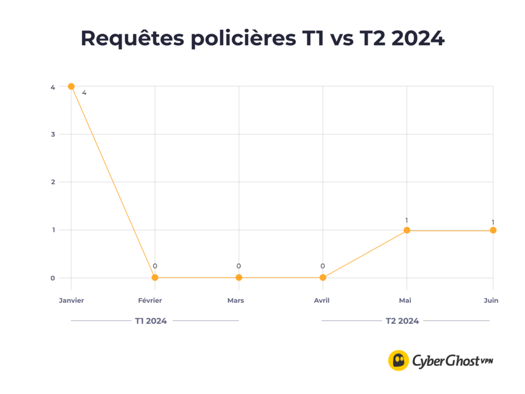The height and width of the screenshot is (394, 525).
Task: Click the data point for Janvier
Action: tap(71, 86)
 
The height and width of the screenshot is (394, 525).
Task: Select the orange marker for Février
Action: tap(155, 278)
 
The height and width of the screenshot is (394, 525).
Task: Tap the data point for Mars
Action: tap(239, 278)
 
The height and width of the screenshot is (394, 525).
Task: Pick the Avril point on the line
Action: tap(322, 278)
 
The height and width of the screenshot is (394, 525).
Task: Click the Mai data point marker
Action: tap(407, 230)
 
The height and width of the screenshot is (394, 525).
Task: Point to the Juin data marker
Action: tap(493, 230)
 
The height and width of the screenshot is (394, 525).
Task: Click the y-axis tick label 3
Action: tap(53, 134)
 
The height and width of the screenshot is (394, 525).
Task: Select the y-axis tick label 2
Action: tap(53, 182)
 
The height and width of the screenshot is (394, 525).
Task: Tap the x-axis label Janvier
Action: tap(71, 301)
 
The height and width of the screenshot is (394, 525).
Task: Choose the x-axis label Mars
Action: tap(236, 301)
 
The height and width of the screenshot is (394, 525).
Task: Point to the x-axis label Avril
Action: tap(321, 301)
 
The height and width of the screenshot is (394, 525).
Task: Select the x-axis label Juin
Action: tap(490, 301)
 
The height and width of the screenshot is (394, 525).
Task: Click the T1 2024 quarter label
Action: tap(151, 321)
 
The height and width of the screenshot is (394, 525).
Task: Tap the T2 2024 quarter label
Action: tap(402, 321)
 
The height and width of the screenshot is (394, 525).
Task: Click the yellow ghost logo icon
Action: tap(398, 360)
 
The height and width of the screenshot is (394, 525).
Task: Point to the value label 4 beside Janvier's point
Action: tap(84, 93)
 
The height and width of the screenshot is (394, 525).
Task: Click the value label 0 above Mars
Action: tap(238, 266)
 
